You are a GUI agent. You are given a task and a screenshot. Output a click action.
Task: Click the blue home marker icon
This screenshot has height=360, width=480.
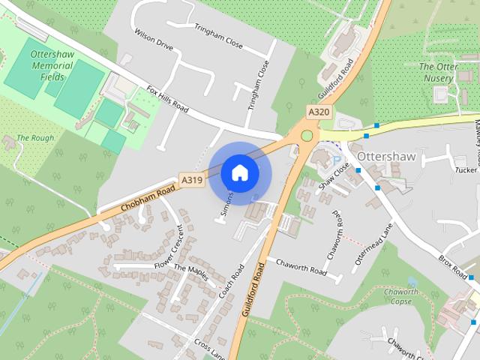[x=239, y=172]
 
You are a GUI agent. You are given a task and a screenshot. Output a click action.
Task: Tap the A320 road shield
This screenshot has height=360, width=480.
[x=318, y=111]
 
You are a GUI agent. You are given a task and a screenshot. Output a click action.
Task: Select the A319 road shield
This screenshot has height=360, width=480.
[x=191, y=180]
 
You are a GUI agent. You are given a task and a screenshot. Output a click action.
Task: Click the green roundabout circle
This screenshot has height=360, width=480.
[x=306, y=136]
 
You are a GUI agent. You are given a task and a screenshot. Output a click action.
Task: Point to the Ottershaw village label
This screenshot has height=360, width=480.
[x=387, y=157]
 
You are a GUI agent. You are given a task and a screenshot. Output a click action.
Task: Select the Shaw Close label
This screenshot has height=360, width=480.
[x=334, y=177]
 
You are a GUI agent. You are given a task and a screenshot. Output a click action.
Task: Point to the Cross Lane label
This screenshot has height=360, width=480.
[x=209, y=346]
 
